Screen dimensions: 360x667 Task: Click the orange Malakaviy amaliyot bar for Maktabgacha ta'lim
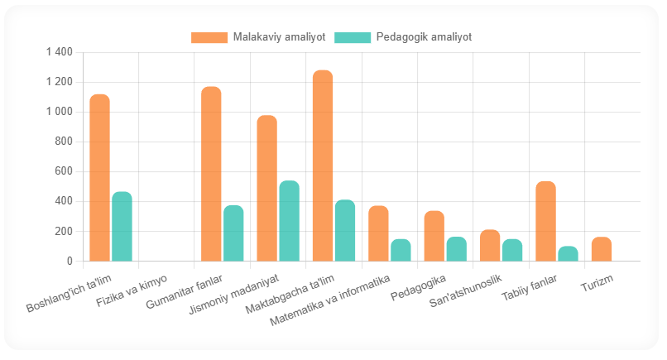coord(323,166)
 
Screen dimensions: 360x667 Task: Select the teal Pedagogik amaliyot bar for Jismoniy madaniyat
coord(289,221)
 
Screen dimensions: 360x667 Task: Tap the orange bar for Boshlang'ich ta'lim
coord(99,178)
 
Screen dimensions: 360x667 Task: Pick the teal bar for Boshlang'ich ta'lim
coord(122,227)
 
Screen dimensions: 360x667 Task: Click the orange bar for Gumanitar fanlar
coord(211,174)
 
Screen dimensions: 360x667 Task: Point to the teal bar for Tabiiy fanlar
coord(568,254)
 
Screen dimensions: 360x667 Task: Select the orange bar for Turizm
coord(601,249)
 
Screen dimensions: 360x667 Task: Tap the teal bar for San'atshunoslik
coord(512,250)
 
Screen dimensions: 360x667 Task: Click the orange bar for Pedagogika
coord(434,236)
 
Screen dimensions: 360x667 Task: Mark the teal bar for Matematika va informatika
coord(401,250)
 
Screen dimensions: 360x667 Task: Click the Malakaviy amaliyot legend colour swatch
coord(209,37)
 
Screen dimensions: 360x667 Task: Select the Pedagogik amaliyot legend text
coord(423,37)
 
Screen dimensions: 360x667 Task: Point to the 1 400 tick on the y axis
coord(60,52)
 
